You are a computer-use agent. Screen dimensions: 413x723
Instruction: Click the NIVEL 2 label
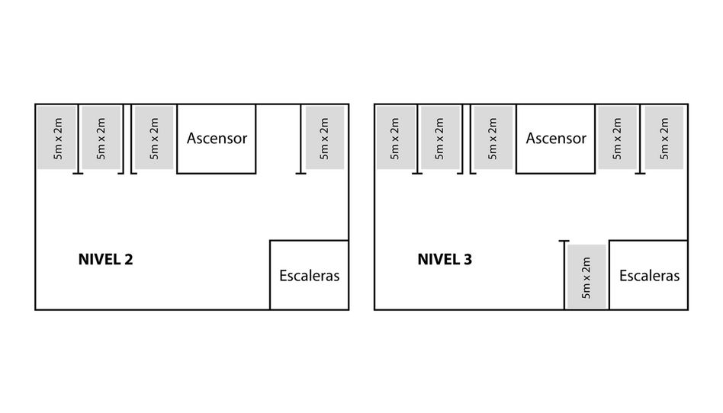(105, 259)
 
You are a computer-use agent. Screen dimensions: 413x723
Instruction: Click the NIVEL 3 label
(444, 259)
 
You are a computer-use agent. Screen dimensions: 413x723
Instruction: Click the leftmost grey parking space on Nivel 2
(56, 138)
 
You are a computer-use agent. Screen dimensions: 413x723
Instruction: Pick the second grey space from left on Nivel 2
(101, 138)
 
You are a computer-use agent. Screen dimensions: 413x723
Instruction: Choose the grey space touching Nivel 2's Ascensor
(155, 138)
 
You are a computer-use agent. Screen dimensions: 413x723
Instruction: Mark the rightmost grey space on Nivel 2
(324, 138)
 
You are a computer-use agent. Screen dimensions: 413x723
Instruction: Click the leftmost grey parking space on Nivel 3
(394, 138)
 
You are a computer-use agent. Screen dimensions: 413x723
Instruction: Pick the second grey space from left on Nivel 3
(439, 138)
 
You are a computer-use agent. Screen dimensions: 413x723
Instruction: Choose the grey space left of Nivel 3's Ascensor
(493, 138)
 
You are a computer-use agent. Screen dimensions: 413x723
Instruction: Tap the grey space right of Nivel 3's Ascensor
(617, 138)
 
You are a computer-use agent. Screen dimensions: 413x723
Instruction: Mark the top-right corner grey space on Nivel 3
(664, 138)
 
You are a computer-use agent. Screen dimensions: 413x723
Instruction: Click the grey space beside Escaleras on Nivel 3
(586, 276)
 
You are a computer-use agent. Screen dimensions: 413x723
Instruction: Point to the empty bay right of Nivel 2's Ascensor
(278, 138)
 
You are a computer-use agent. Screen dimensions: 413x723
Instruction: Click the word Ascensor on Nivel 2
(217, 139)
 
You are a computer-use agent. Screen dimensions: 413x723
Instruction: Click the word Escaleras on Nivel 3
(649, 276)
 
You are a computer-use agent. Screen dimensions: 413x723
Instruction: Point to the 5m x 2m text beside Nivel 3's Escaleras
(586, 276)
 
